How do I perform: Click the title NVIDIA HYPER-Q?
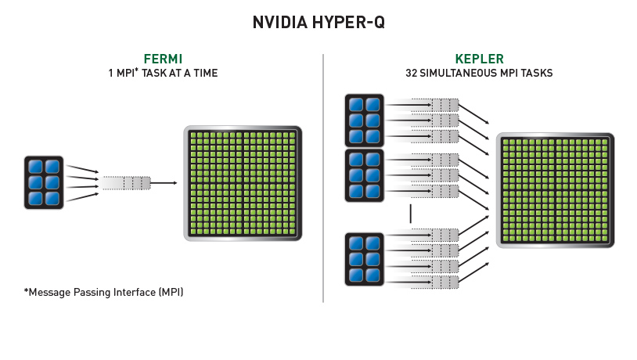click(318, 23)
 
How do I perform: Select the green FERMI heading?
click(163, 59)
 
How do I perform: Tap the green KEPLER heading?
click(479, 59)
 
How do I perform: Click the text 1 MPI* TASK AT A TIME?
click(163, 73)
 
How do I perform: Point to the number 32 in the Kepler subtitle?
click(412, 73)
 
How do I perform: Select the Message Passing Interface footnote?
click(104, 293)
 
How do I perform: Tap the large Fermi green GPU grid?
click(243, 182)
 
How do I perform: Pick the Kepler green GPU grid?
click(556, 190)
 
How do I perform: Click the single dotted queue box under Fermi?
click(125, 183)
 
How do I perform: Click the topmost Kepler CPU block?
click(364, 120)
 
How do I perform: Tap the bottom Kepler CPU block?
click(364, 259)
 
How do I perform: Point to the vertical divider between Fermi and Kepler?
click(323, 180)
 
